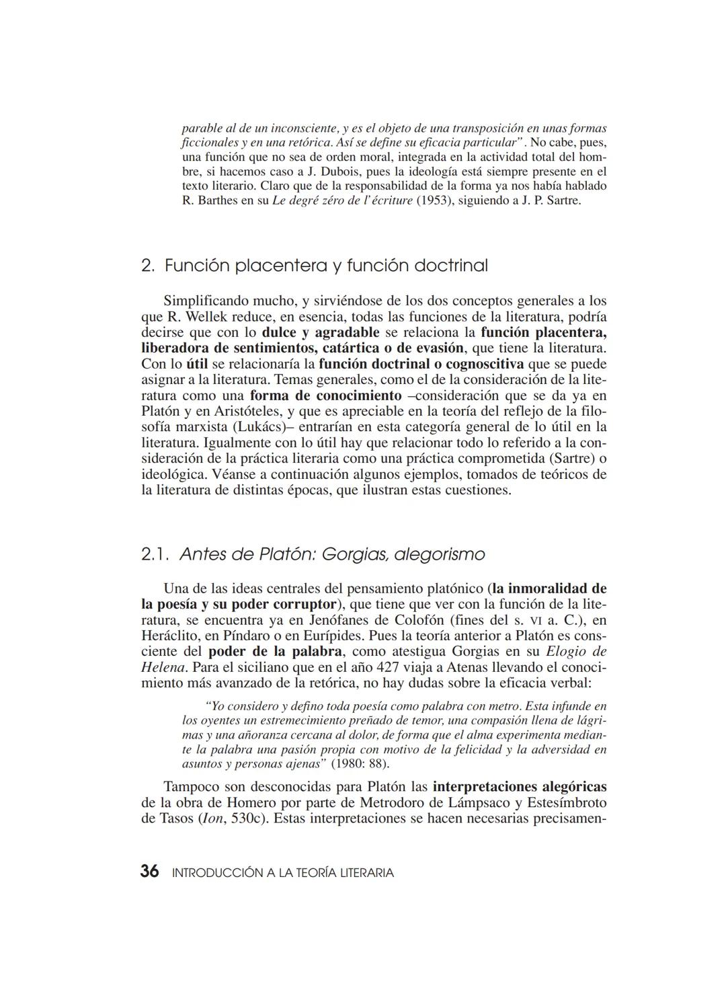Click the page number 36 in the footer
click(x=149, y=872)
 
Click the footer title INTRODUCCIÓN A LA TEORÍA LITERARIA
click(x=283, y=873)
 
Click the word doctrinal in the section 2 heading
click(x=451, y=266)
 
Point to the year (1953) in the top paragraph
click(x=431, y=201)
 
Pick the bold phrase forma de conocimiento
click(x=325, y=395)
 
